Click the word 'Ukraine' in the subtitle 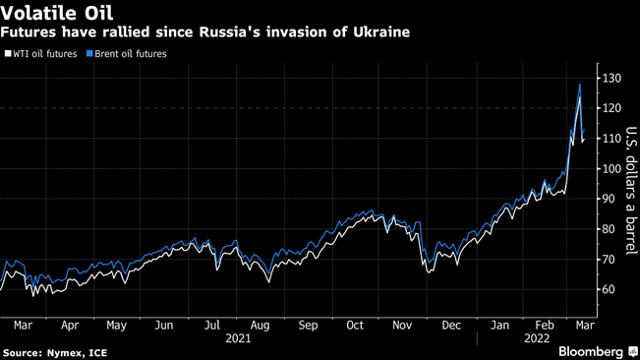[x=378, y=31]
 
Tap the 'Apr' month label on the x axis [x=70, y=324]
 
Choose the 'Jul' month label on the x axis [x=210, y=324]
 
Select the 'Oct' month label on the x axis [x=354, y=324]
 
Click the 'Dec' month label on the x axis [x=451, y=324]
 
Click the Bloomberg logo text [x=590, y=351]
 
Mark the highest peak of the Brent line [x=579, y=85]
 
